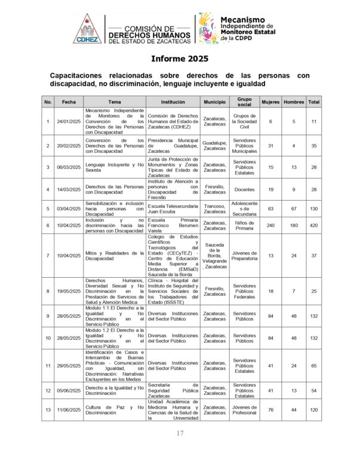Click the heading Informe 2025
coord(179,59)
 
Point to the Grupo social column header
coord(244,102)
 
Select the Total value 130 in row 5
coord(313,207)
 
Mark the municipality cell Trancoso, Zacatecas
coord(214,207)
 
